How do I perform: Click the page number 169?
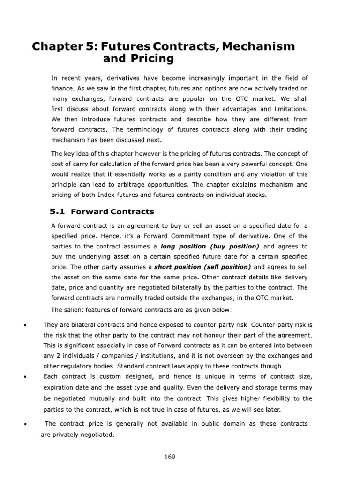click(170, 457)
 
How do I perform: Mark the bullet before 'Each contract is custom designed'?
click(23, 376)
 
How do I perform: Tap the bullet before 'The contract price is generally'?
click(23, 424)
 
